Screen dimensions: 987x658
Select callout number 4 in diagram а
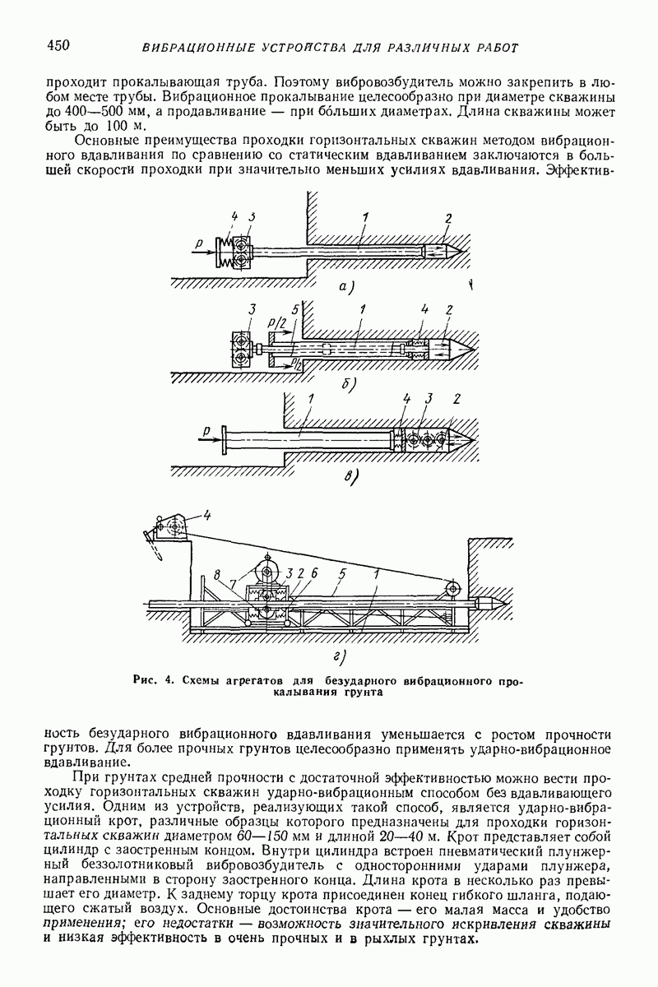pos(234,218)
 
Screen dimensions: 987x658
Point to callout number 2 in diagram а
pos(448,218)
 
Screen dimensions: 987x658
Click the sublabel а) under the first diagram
pos(345,287)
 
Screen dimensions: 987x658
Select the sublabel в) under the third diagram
pos(350,475)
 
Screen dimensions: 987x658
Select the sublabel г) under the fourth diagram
pos(339,656)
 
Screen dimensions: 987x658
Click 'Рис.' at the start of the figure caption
pos(143,681)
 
